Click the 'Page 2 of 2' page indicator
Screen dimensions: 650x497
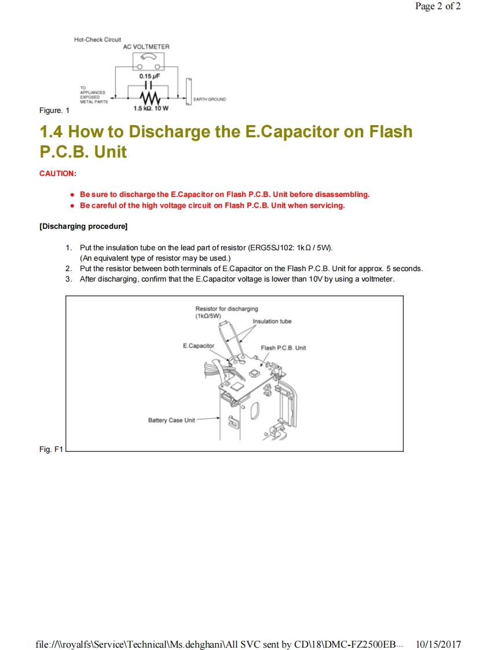(x=438, y=7)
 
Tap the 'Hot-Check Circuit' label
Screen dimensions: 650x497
(x=97, y=39)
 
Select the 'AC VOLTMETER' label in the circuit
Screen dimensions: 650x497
(x=146, y=46)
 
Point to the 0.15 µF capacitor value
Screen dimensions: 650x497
(x=149, y=76)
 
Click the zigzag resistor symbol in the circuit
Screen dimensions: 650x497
(x=149, y=96)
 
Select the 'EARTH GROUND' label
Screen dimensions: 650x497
(x=210, y=100)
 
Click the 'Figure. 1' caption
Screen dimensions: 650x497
(x=54, y=110)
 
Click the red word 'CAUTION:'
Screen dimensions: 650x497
(x=58, y=173)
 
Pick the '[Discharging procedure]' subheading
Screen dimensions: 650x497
(x=83, y=226)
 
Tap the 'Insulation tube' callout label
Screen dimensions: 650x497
(x=272, y=322)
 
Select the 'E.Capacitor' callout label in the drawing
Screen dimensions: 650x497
(x=198, y=346)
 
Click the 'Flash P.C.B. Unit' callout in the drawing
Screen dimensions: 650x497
(x=283, y=348)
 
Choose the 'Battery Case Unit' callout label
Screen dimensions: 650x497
(x=171, y=420)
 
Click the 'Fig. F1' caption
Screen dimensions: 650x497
(x=50, y=449)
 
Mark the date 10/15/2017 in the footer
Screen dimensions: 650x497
(x=438, y=644)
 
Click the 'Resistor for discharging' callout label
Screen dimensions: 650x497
(x=226, y=309)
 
